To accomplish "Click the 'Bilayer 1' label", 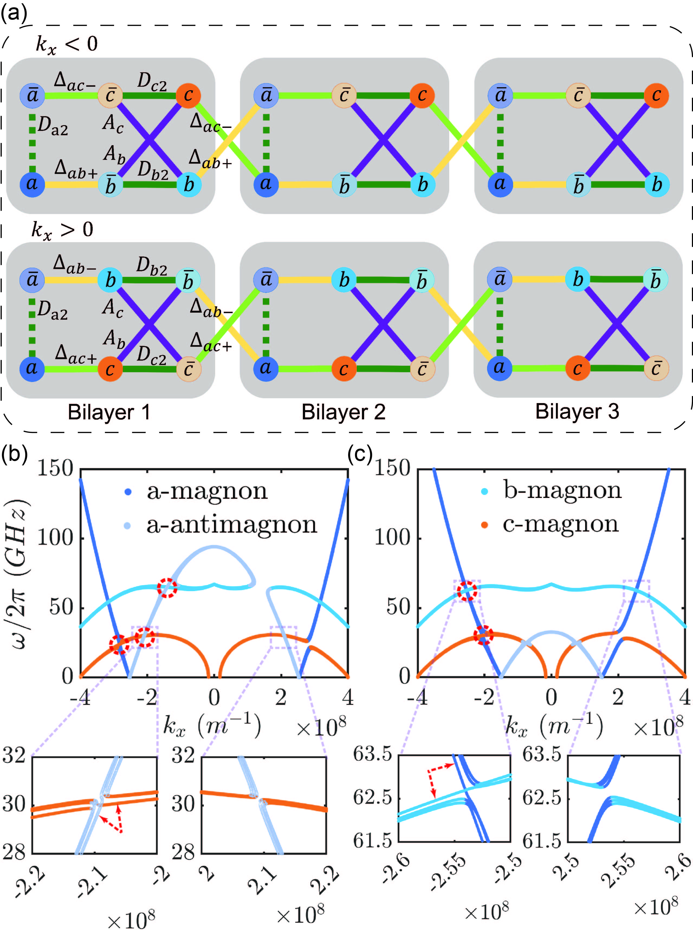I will coord(109,412).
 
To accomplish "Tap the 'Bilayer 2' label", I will coord(343,412).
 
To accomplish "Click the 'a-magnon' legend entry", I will coord(206,491).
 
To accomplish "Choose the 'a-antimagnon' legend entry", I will coord(231,524).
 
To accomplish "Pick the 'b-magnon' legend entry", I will coord(562,490).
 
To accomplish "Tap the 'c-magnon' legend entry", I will coord(561,524).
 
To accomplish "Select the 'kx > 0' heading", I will coord(62,230).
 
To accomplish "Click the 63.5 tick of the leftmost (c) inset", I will coord(373,754).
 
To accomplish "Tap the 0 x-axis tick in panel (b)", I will coord(214,697).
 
